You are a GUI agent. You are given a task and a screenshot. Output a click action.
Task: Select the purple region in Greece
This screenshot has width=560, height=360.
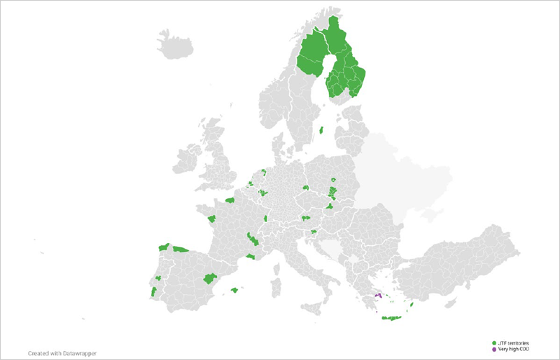coord(379,296)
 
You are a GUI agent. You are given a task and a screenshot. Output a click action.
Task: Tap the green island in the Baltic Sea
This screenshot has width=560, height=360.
coord(321,130)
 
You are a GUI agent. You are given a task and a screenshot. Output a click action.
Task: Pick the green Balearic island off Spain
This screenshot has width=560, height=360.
coord(234,290)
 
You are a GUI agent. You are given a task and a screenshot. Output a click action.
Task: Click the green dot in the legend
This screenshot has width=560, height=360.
coord(494,342)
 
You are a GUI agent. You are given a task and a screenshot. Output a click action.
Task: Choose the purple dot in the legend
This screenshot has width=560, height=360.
coord(494,349)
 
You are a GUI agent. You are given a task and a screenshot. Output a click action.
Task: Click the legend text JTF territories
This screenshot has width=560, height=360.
coord(514,342)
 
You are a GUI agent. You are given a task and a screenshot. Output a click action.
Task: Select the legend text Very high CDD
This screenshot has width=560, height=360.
coord(514,349)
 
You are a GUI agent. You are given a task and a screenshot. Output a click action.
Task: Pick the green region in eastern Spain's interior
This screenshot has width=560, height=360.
coord(209,278)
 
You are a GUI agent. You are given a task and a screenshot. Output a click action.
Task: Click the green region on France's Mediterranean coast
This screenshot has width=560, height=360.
coord(251,257)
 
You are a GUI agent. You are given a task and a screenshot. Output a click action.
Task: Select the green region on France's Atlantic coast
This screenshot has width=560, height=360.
coord(210,219)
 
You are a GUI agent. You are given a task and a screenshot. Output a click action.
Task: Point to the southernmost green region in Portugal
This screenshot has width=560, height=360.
coord(153,291)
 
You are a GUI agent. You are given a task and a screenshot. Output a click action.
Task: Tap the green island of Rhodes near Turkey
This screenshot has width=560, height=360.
coord(412,304)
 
